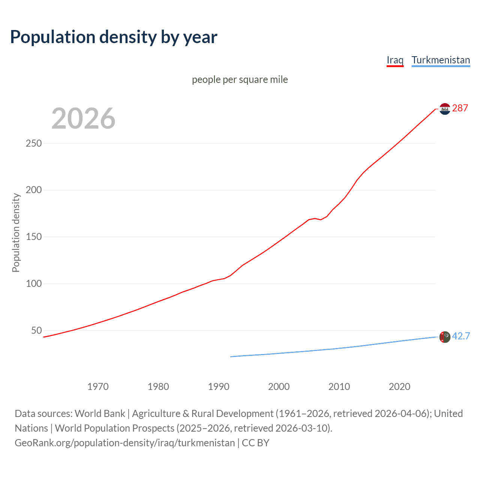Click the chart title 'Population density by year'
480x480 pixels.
(114, 37)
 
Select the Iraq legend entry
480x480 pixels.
(395, 60)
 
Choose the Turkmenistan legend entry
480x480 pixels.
(441, 60)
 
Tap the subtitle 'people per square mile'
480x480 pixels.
(240, 79)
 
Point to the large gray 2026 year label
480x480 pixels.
(83, 118)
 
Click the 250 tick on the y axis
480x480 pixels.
(34, 143)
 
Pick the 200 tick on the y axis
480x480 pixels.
(34, 190)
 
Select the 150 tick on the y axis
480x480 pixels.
(34, 237)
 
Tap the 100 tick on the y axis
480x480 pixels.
(34, 283)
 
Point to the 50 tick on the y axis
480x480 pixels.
(36, 330)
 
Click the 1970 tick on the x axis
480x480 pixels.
(98, 387)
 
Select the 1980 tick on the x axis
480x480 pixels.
(158, 387)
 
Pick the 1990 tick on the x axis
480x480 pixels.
(219, 387)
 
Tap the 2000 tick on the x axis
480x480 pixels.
(279, 387)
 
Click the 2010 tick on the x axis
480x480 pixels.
(339, 387)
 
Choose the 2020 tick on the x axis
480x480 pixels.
(400, 387)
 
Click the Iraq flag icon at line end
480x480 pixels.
(445, 109)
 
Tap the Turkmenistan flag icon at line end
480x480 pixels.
(445, 337)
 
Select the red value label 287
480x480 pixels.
(460, 108)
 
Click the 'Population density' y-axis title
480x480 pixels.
(16, 232)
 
